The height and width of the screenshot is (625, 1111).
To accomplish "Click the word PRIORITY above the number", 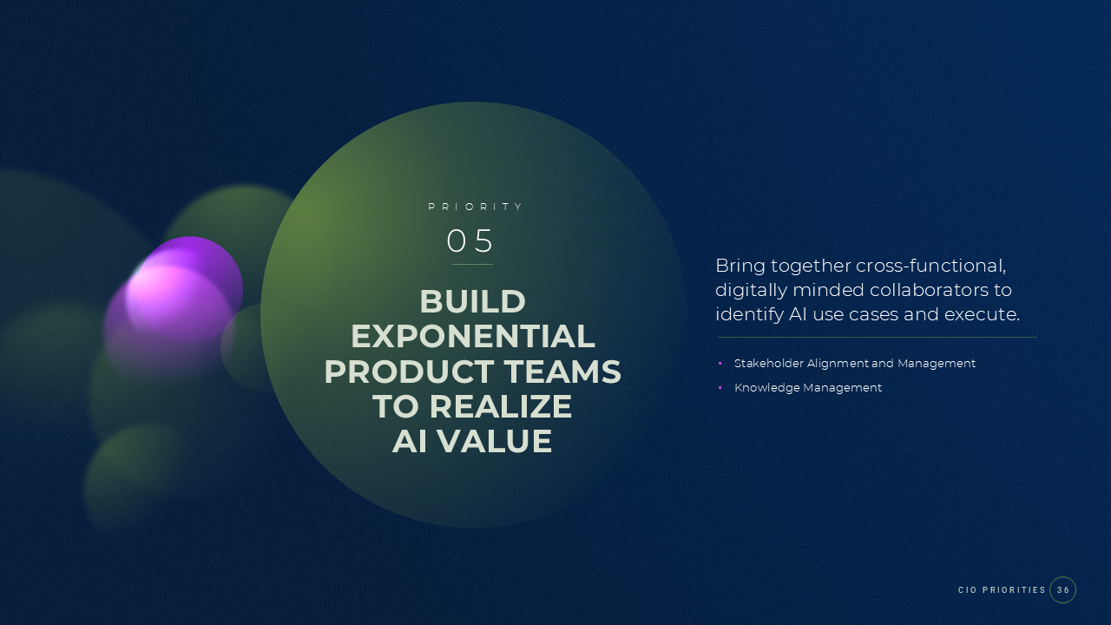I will tap(476, 207).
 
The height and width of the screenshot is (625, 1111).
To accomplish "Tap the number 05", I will tap(470, 240).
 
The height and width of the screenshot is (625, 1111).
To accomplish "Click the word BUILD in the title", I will tap(472, 302).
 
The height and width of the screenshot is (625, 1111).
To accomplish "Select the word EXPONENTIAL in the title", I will tap(472, 337).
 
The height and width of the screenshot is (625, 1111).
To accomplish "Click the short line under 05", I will tap(472, 264).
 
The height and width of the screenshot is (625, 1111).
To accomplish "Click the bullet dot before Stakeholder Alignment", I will tap(720, 364).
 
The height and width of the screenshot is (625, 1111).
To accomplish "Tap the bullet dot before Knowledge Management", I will tap(720, 388).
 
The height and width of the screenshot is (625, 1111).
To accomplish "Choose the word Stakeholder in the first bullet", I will tap(768, 364).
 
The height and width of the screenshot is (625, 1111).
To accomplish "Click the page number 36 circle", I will tap(1062, 590).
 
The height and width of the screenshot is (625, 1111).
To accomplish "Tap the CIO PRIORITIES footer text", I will tap(1002, 590).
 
